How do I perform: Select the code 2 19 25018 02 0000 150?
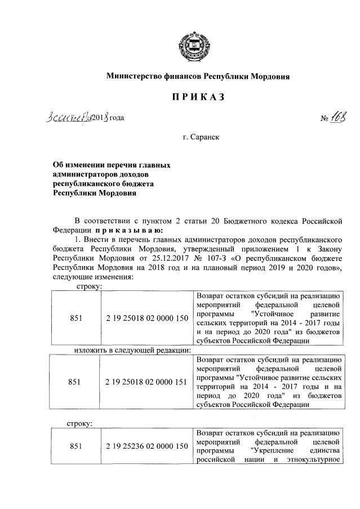(x=146, y=318)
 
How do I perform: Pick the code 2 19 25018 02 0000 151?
(x=146, y=382)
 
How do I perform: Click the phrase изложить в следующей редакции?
(x=133, y=350)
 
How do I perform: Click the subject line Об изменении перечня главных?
(x=111, y=165)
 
